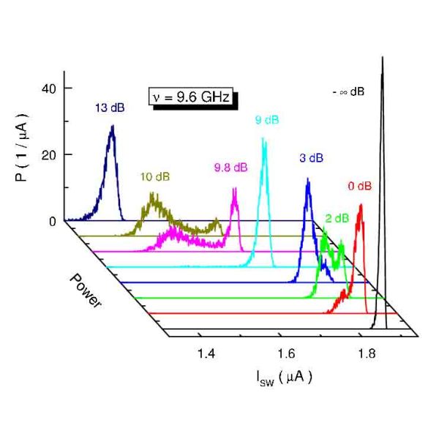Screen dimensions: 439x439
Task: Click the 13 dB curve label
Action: tap(110, 108)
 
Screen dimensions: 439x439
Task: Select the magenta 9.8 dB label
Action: tap(230, 168)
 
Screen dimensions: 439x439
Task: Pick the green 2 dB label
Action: tap(337, 217)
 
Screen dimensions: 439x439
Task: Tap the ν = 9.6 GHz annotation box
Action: tap(193, 97)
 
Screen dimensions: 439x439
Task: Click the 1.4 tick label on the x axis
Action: tap(207, 354)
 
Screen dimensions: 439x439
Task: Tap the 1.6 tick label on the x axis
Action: tap(287, 354)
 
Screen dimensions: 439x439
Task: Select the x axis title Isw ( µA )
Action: tap(284, 378)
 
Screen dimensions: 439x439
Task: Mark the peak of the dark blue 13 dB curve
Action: tap(112, 126)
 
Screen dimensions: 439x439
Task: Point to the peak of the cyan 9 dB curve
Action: tap(263, 138)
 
